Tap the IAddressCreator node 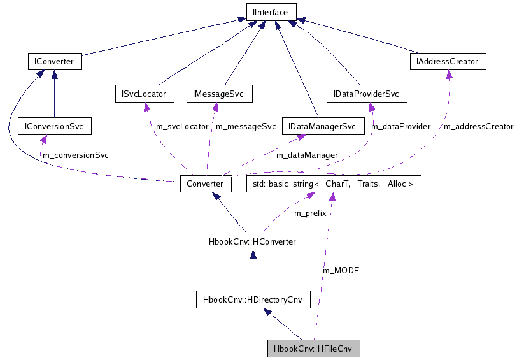point(448,62)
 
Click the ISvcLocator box point(144,94)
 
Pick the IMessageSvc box point(218,94)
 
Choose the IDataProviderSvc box point(366,94)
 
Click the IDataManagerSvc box point(322,126)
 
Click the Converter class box point(205,184)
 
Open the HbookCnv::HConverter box point(252,241)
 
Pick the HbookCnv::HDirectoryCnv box point(252,298)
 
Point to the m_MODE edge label point(341,271)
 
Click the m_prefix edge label point(310,213)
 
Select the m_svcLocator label point(182,127)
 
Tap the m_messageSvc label point(246,127)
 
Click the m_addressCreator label point(478,127)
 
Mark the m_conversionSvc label point(75,155)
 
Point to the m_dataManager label point(307,155)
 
